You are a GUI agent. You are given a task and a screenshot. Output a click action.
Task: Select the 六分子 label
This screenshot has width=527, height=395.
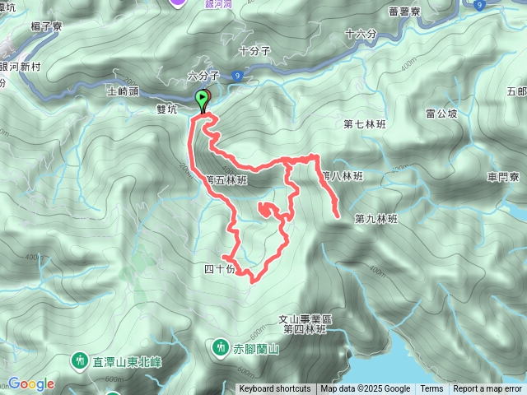pos(203,75)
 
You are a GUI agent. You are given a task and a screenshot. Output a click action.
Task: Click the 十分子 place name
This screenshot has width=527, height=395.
pos(253,50)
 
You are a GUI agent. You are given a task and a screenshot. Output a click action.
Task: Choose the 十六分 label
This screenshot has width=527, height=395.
pos(361,34)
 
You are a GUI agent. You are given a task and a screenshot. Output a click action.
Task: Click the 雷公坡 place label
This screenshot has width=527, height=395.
pos(442,114)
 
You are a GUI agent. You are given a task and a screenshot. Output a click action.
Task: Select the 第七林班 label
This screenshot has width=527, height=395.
pos(365,124)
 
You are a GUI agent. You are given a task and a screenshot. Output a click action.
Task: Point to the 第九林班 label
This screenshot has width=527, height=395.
pos(376,219)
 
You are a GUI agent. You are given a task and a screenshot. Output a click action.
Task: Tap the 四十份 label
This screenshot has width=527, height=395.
pos(219,268)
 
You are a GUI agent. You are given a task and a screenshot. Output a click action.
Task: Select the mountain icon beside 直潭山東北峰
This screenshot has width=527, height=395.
pos(80,360)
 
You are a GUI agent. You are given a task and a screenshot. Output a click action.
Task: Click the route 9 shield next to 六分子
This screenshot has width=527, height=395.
pos(236,77)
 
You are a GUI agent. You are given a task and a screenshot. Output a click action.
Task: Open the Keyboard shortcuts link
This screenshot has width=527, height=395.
pos(275,389)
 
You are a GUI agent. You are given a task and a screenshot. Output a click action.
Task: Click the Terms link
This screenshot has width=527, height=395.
pos(431,389)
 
